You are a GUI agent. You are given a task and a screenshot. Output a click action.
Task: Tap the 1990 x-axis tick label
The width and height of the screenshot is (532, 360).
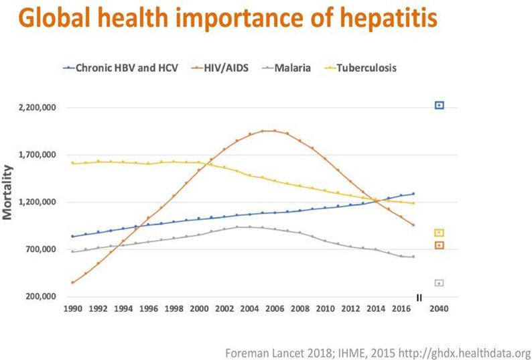(72, 310)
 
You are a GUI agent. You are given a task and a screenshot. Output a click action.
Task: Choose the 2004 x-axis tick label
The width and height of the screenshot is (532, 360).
(249, 310)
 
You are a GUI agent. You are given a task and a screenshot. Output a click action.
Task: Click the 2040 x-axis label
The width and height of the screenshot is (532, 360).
(439, 310)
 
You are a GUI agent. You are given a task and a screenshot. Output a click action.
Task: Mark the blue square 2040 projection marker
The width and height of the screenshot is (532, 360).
(440, 105)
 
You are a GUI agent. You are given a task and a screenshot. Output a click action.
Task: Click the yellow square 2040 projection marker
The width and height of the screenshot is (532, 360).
(440, 233)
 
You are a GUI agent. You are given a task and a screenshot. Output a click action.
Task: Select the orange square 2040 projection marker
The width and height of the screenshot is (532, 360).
(440, 245)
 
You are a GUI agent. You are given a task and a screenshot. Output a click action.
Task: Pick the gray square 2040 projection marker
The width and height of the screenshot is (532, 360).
(440, 283)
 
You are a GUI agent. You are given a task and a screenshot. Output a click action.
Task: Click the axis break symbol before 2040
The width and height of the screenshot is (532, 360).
(419, 297)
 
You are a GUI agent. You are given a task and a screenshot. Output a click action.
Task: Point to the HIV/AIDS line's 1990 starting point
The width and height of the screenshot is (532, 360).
(72, 282)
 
